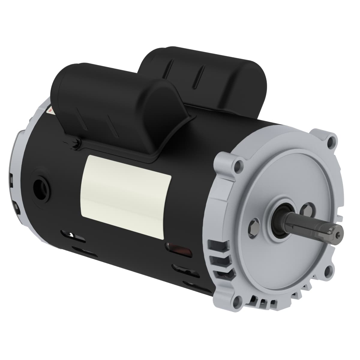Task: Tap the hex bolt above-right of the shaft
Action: tap(307, 208)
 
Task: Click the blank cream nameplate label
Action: tap(126, 195)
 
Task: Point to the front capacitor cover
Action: tap(120, 105)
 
